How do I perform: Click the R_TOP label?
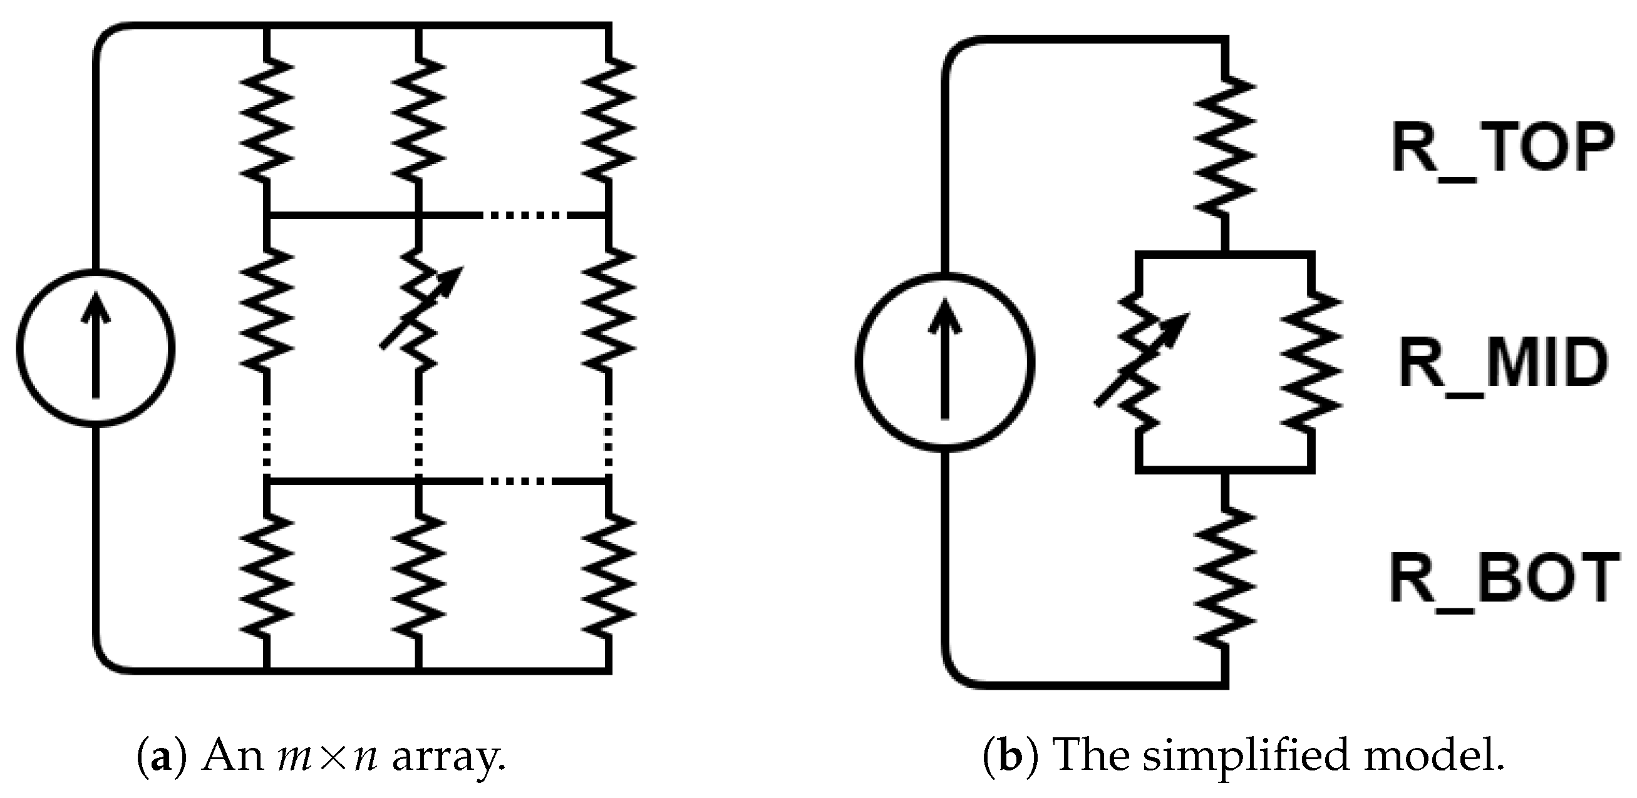pyautogui.click(x=1502, y=150)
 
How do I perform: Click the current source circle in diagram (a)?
pyautogui.click(x=95, y=348)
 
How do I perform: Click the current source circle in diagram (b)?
pyautogui.click(x=944, y=363)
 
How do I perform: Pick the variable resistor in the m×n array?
pyautogui.click(x=419, y=308)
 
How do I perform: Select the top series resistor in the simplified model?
pyautogui.click(x=1225, y=146)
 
